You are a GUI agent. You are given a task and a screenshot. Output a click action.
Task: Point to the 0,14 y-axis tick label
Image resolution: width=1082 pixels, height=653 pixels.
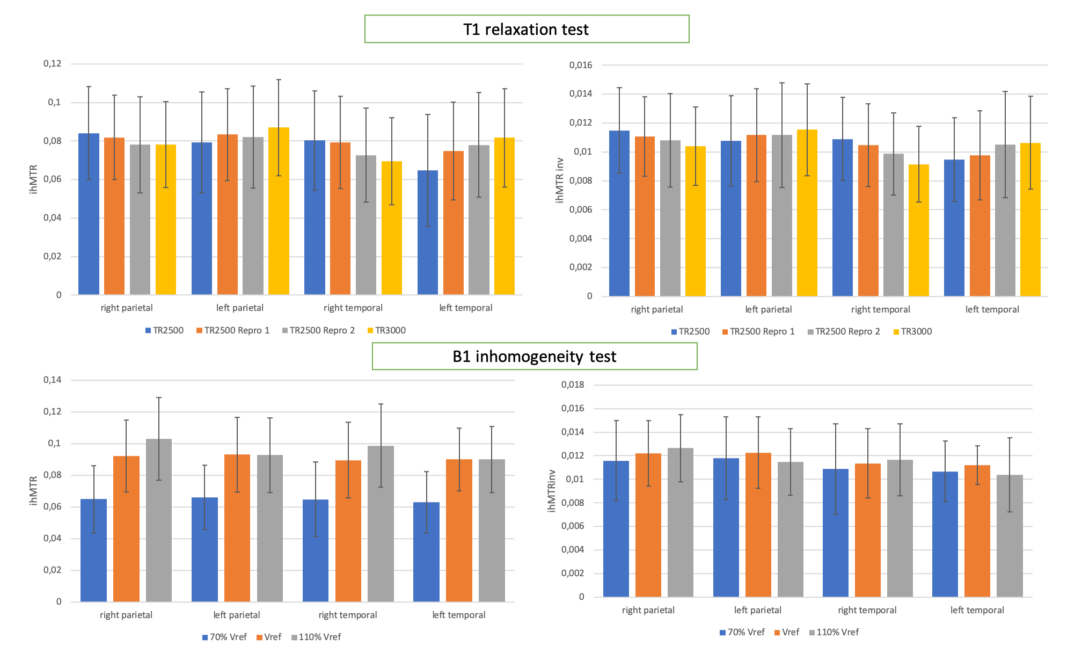[53, 380]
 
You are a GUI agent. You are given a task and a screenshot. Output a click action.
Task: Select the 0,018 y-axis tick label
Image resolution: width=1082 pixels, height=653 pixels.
[573, 384]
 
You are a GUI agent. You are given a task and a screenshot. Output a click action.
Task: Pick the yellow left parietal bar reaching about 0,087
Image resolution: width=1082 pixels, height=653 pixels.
[279, 211]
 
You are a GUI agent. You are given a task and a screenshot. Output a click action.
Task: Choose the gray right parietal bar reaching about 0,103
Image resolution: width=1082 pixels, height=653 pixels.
[159, 520]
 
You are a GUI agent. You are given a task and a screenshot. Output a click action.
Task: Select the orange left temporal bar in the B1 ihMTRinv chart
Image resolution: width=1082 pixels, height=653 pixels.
[977, 531]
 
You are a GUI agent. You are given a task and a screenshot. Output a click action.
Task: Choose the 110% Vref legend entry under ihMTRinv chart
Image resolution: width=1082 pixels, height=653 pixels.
[837, 633]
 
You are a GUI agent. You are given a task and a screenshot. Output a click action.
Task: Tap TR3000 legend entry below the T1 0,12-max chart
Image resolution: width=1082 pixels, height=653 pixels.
[390, 331]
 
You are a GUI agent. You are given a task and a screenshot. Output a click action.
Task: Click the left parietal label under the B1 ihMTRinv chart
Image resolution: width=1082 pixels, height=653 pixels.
[758, 610]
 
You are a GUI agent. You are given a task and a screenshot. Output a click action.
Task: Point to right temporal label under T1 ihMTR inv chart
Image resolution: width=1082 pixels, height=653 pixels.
[881, 309]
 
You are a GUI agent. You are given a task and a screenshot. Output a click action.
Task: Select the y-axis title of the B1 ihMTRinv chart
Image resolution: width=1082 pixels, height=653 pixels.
[552, 491]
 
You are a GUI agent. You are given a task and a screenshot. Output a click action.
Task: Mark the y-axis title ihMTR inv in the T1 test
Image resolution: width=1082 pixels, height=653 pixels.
[560, 180]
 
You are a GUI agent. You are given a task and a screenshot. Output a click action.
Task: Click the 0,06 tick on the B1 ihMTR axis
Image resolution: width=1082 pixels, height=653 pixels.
[53, 507]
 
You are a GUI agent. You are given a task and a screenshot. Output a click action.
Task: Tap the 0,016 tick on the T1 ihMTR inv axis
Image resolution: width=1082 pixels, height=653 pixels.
[581, 66]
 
